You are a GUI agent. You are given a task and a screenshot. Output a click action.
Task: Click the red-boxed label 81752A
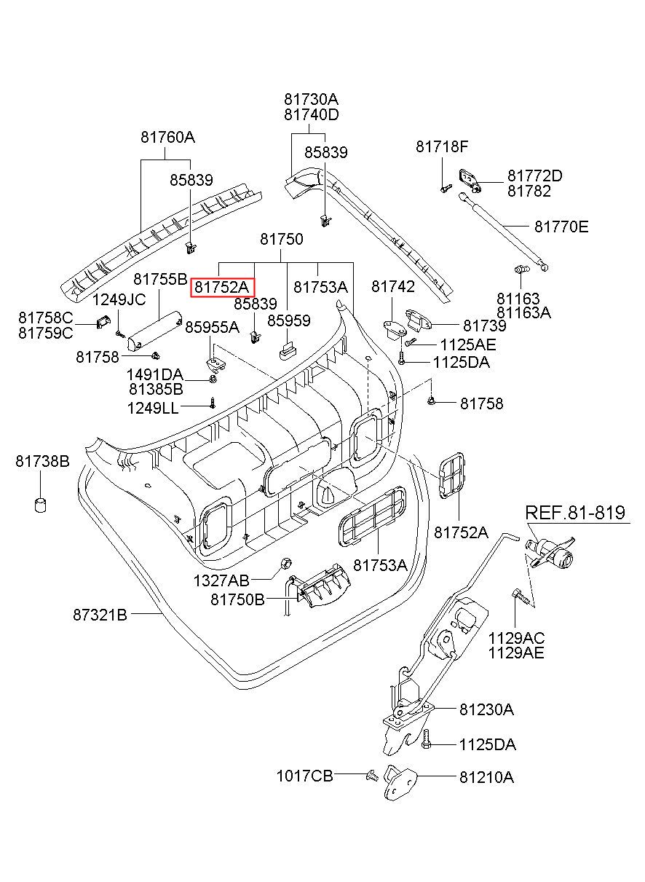pyautogui.click(x=223, y=288)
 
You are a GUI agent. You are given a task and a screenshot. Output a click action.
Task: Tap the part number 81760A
pyautogui.click(x=168, y=137)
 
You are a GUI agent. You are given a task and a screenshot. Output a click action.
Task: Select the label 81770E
pyautogui.click(x=561, y=227)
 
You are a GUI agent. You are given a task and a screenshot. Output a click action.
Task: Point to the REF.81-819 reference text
pyautogui.click(x=575, y=512)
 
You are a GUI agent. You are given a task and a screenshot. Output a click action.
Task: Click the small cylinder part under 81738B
pyautogui.click(x=41, y=504)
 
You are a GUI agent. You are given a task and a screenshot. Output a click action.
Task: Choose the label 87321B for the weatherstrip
pyautogui.click(x=100, y=615)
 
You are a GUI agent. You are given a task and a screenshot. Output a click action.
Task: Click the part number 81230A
pyautogui.click(x=486, y=709)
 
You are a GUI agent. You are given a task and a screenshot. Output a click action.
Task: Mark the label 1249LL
pyautogui.click(x=153, y=408)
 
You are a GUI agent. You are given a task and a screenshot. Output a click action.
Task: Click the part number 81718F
pyautogui.click(x=442, y=146)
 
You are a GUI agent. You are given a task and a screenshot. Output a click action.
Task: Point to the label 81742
pyautogui.click(x=393, y=287)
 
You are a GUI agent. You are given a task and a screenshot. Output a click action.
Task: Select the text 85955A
pyautogui.click(x=212, y=327)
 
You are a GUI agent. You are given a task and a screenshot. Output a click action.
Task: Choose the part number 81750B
pyautogui.click(x=237, y=599)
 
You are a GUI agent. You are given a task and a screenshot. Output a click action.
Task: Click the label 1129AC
pyautogui.click(x=517, y=638)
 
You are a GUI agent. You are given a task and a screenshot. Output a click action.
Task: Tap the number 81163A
pyautogui.click(x=523, y=312)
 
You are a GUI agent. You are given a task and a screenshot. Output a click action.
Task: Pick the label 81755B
pyautogui.click(x=160, y=279)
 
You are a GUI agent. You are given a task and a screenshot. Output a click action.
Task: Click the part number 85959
pyautogui.click(x=288, y=320)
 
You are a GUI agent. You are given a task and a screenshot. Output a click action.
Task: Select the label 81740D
pyautogui.click(x=312, y=114)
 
